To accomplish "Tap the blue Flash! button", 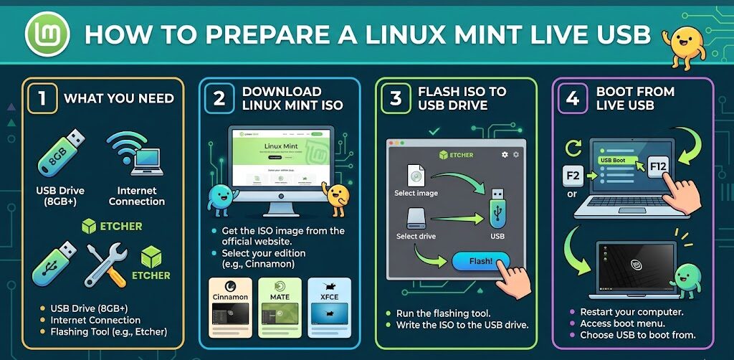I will pyautogui.click(x=481, y=262).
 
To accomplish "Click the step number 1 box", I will pyautogui.click(x=42, y=98).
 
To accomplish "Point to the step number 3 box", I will pyautogui.click(x=396, y=98).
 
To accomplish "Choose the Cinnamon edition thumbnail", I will pyautogui.click(x=230, y=308).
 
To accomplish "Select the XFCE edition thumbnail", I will pyautogui.click(x=328, y=308).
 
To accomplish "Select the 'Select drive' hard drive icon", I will pyautogui.click(x=416, y=219).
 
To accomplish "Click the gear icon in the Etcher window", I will pyautogui.click(x=505, y=154).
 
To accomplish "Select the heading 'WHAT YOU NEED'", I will pyautogui.click(x=119, y=98).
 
